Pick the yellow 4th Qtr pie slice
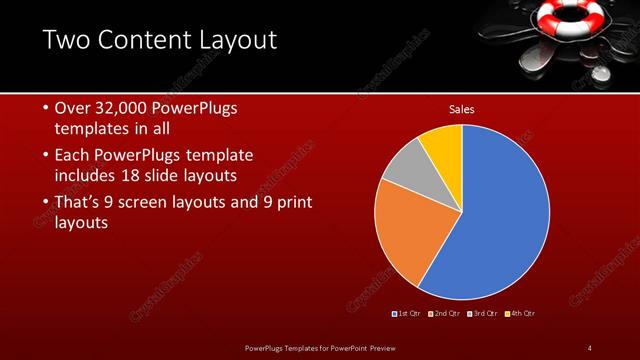(x=443, y=146)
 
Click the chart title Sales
(x=461, y=109)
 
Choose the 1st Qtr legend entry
(x=407, y=314)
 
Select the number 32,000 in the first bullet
(x=128, y=108)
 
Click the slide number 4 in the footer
(x=589, y=347)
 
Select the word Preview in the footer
(x=385, y=347)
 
